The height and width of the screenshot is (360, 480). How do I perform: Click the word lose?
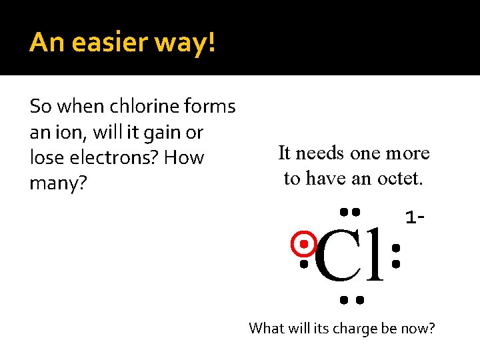pyautogui.click(x=49, y=158)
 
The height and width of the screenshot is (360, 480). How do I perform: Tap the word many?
pyautogui.click(x=59, y=183)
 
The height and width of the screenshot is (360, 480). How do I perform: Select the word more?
pyautogui.click(x=407, y=153)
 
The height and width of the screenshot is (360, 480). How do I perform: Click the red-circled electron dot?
pyautogui.click(x=304, y=245)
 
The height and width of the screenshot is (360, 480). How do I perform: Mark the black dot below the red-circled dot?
pyautogui.click(x=304, y=265)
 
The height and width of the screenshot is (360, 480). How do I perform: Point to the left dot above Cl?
pyautogui.click(x=343, y=211)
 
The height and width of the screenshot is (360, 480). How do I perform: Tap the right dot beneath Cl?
pyautogui.click(x=360, y=300)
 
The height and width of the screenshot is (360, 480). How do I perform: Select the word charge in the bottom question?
pyautogui.click(x=347, y=328)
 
